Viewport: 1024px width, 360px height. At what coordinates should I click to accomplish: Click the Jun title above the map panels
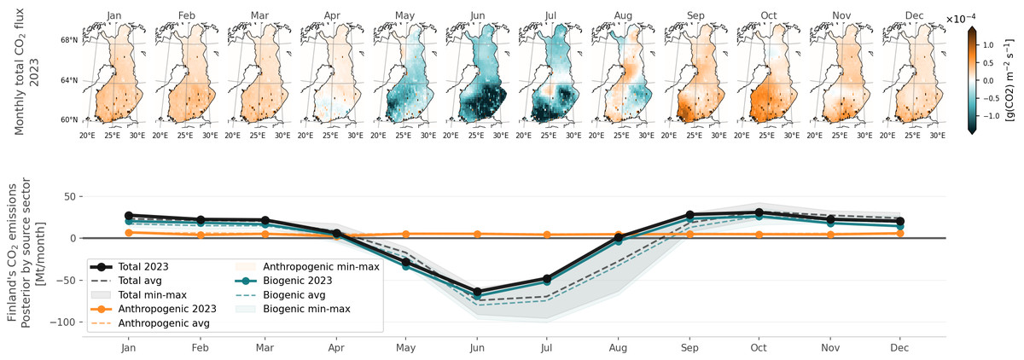point(478,15)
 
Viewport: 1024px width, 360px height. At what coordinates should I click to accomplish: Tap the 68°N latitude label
point(68,40)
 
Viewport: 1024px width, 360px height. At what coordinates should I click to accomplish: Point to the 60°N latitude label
point(68,119)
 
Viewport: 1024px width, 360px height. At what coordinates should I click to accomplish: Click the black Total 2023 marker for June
point(477,293)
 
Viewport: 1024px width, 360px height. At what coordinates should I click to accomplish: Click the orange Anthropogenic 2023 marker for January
point(128,233)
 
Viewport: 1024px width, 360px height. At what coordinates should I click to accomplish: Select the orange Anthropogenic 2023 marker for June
point(477,234)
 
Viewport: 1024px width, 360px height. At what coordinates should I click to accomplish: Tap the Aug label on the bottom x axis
point(617,348)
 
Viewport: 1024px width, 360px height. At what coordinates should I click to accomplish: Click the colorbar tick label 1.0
point(990,43)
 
